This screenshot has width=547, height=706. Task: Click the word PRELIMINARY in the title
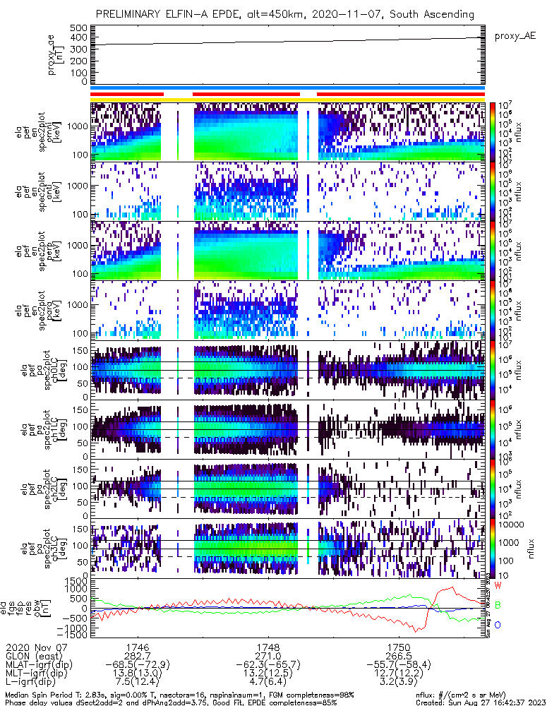[x=130, y=14]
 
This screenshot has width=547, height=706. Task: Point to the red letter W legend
[x=498, y=586]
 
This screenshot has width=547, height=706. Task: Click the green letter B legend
[x=498, y=606]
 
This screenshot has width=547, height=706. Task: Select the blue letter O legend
[x=498, y=626]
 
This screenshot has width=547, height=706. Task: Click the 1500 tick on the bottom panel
[x=76, y=581]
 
